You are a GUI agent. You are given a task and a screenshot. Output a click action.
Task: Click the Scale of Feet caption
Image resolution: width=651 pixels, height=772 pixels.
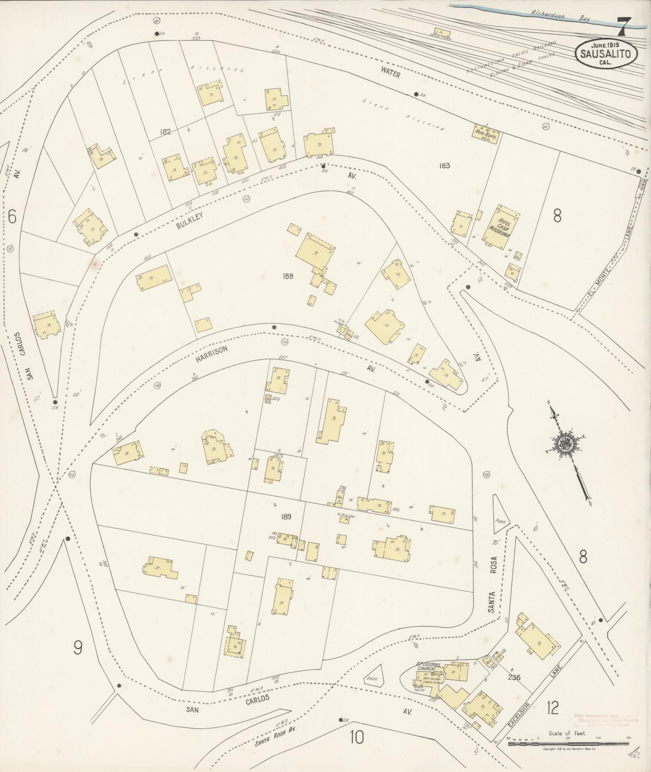coord(567,733)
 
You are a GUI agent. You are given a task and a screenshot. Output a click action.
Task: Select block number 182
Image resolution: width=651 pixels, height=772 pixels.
coord(165,131)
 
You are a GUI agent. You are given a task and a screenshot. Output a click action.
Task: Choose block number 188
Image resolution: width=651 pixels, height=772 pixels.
coord(288,276)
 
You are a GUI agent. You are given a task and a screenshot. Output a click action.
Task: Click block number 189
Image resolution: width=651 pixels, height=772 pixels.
coord(287,517)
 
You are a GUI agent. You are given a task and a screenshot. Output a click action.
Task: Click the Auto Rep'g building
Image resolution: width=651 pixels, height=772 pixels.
coord(486,132)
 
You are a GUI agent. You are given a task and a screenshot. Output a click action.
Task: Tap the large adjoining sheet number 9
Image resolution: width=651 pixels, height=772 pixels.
coord(77,648)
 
